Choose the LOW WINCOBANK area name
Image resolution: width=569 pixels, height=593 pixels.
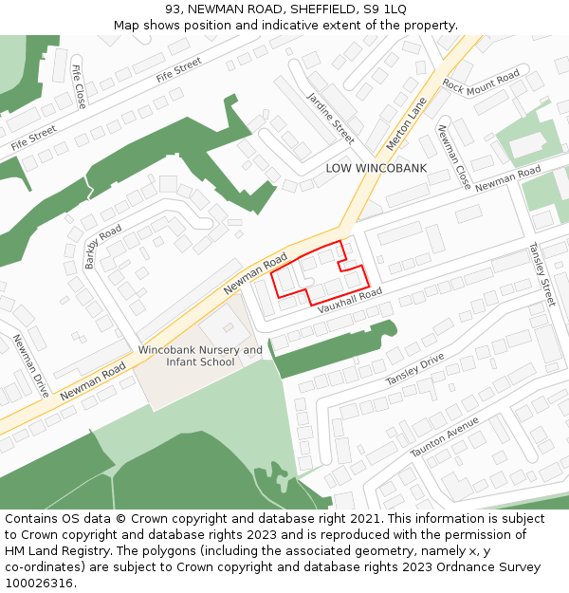pyautogui.click(x=376, y=169)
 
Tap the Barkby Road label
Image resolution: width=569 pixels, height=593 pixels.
pyautogui.click(x=103, y=247)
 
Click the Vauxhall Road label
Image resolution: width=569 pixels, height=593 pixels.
pyautogui.click(x=350, y=301)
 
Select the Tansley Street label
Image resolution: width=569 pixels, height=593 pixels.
pyautogui.click(x=541, y=273)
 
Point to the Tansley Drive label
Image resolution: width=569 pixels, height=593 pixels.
pyautogui.click(x=414, y=369)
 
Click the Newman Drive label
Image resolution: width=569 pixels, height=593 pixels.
pyautogui.click(x=29, y=365)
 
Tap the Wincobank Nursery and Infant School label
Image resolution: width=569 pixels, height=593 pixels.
pyautogui.click(x=200, y=356)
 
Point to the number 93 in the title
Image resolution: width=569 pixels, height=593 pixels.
pyautogui.click(x=173, y=9)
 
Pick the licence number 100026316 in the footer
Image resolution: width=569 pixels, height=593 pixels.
pyautogui.click(x=38, y=583)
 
